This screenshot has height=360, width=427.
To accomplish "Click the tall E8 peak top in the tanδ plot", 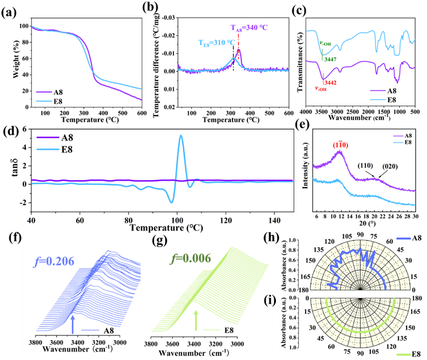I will pyautogui.click(x=181, y=136).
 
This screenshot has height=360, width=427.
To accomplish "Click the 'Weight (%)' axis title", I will pyautogui.click(x=9, y=60).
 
